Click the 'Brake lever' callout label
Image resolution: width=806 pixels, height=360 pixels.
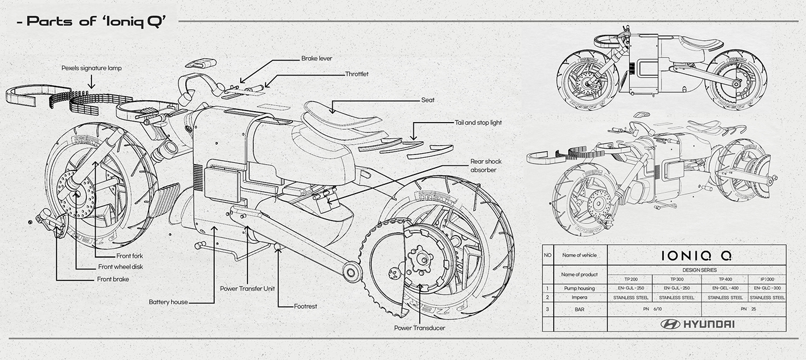coord(316,58)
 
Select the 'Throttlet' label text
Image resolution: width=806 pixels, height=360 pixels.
coord(357,74)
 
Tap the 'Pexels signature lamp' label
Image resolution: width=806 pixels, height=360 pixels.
coord(92,68)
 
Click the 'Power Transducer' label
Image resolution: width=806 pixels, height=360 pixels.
coord(419,328)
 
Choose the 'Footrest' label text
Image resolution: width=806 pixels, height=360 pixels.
coord(305,306)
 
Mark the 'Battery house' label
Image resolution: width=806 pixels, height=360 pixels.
coord(168,301)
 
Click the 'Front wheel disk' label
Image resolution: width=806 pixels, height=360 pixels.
coord(120,267)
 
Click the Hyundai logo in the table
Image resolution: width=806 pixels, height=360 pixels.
coord(697,324)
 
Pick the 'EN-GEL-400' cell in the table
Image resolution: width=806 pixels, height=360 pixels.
coord(724,287)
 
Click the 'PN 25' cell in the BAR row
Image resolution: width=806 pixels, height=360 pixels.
coord(747,309)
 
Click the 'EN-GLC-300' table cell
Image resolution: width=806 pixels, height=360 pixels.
coord(767,287)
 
